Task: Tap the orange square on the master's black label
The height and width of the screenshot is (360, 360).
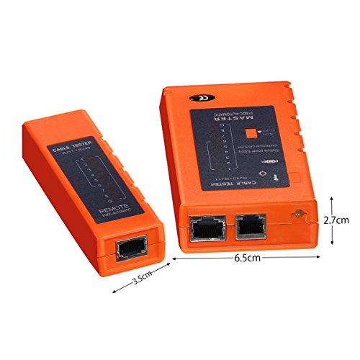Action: pyautogui.click(x=252, y=132)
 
